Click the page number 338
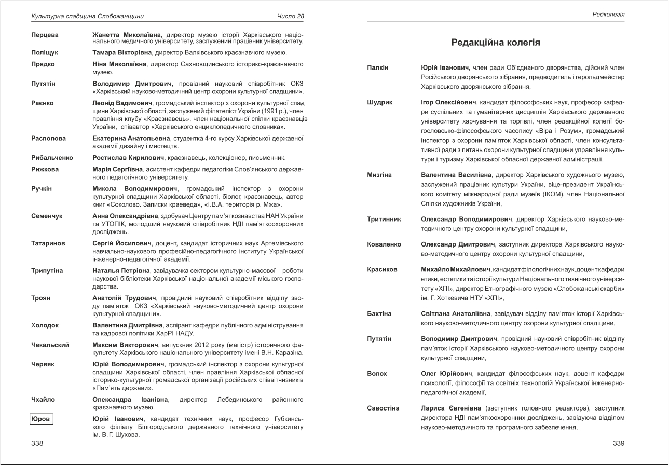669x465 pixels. click(37, 443)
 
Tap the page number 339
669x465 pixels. click(618, 443)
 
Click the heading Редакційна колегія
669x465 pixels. click(496, 43)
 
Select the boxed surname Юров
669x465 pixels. click(41, 419)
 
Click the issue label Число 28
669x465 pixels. click(291, 17)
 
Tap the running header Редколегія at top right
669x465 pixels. click(608, 15)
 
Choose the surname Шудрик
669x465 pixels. click(379, 102)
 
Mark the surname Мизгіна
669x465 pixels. click(379, 175)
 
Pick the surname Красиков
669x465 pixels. click(382, 269)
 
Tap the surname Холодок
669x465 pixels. click(45, 325)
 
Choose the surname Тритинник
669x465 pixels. click(384, 220)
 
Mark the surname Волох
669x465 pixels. click(377, 373)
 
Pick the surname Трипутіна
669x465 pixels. click(47, 271)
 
